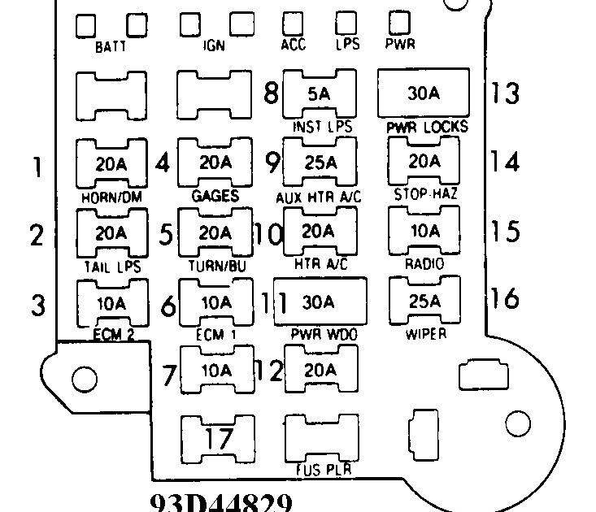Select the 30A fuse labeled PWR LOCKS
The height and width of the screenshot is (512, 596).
tap(424, 93)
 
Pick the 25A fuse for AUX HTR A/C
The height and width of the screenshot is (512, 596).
tap(319, 162)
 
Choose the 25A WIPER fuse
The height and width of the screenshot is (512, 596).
tap(424, 302)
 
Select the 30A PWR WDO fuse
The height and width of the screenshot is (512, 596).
tap(319, 302)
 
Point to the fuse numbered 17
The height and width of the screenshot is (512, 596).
tap(215, 440)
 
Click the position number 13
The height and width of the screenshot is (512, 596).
tap(504, 93)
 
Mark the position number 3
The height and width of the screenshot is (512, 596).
tap(36, 306)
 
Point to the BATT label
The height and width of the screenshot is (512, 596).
tap(111, 47)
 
